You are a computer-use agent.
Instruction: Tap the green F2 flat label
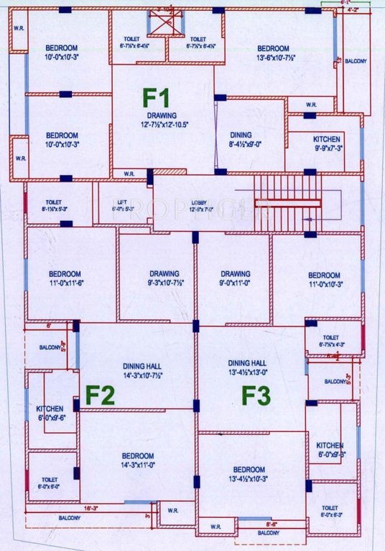102,395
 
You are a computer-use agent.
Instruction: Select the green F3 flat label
255,395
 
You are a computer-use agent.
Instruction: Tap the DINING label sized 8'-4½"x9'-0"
241,138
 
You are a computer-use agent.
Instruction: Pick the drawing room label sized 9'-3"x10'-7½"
164,278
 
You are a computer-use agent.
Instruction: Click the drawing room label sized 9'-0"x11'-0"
236,278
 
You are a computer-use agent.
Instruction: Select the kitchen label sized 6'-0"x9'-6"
50,413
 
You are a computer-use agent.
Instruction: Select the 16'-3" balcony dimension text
91,508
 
